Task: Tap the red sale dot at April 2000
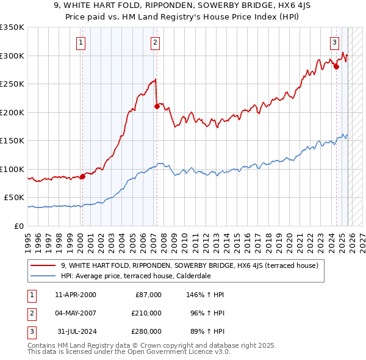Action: (x=82, y=176)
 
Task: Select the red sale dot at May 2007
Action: (x=157, y=106)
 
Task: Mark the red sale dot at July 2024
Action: (x=336, y=67)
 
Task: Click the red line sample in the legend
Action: (x=43, y=265)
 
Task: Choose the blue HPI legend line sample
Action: (x=43, y=275)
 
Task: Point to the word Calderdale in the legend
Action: (x=191, y=275)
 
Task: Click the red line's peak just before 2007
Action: (x=156, y=79)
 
